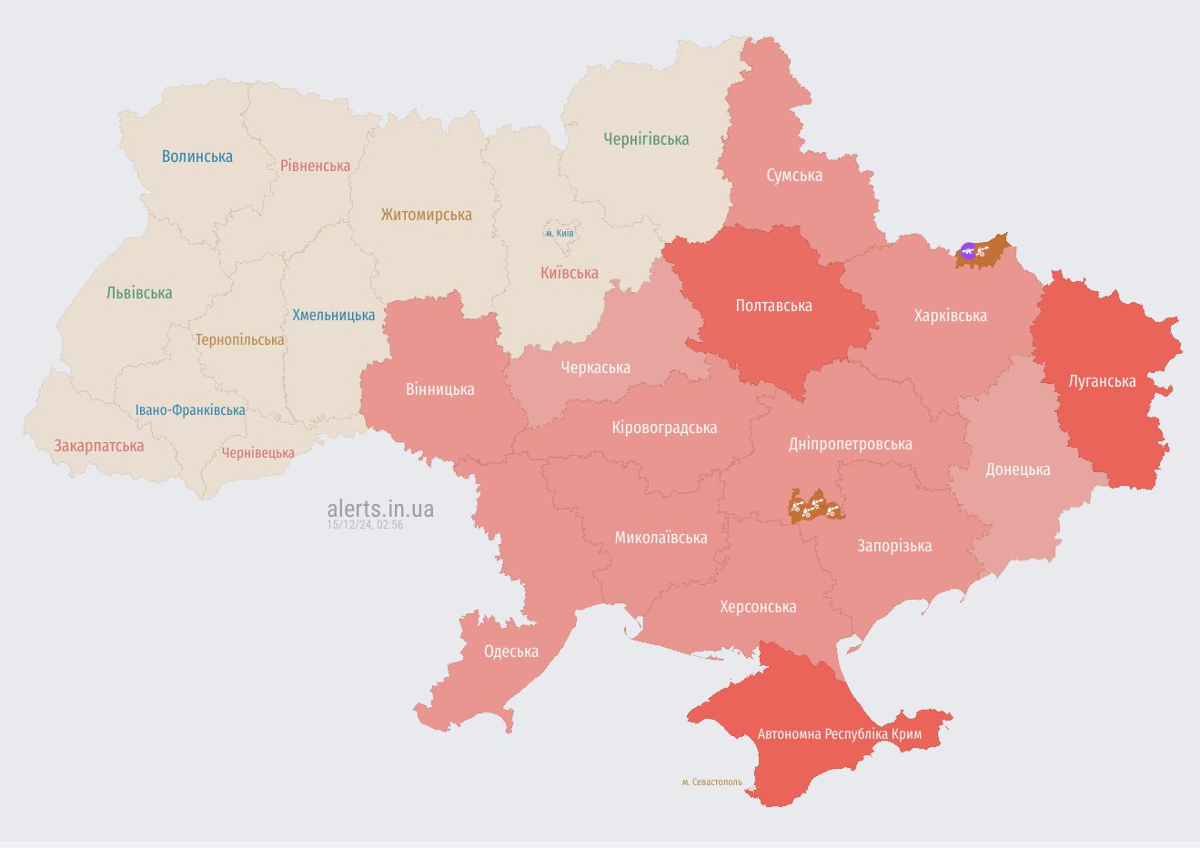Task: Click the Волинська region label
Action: (197, 156)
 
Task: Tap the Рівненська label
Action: (315, 167)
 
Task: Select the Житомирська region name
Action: (426, 216)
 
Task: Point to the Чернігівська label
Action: (646, 139)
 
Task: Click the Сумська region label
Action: (794, 176)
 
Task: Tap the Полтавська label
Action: (773, 306)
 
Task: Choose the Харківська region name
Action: (950, 316)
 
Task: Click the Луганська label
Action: (1102, 381)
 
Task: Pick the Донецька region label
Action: (1017, 469)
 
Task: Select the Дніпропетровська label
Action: (850, 444)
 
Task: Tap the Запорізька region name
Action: (893, 546)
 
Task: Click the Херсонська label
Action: (758, 607)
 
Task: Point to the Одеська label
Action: (510, 651)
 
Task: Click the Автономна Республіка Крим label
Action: (839, 734)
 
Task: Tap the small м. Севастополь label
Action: (711, 782)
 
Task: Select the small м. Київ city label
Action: (560, 234)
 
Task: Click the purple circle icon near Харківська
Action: (968, 250)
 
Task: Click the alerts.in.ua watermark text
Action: (380, 509)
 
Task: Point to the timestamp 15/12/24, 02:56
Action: (365, 525)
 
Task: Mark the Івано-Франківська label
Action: (190, 410)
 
